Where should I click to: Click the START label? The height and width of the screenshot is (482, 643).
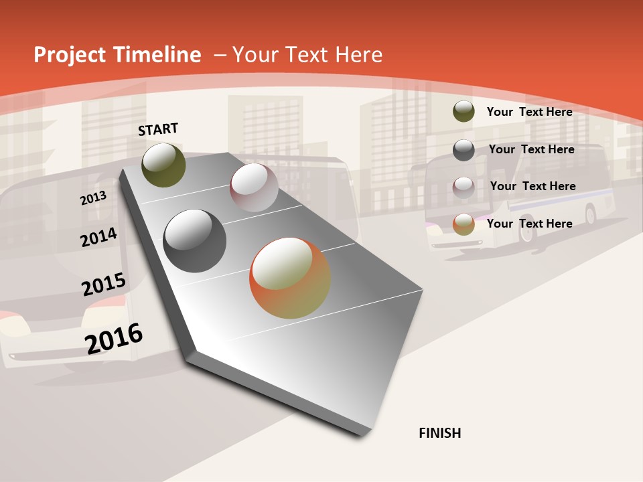pos(158,129)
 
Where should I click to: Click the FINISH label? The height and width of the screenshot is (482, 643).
pos(439,433)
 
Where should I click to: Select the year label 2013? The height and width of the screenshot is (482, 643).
pos(93,197)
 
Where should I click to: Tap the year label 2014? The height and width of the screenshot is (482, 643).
pos(98,238)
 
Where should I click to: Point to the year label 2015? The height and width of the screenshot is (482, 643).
pos(103,285)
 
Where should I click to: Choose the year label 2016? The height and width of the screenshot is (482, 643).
pos(114,339)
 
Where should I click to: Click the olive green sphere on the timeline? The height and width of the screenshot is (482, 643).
pos(163,165)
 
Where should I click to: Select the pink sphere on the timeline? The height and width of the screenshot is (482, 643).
pos(254,187)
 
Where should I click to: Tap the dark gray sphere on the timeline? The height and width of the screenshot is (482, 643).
pos(194,241)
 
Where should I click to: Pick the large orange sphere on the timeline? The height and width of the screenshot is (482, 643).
pos(290,278)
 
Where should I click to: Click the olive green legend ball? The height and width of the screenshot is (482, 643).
pos(463,111)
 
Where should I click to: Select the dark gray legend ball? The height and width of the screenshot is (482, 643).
pos(463,150)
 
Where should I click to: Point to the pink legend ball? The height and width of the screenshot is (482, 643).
pos(463,187)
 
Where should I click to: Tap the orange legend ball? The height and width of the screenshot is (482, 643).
pos(463,224)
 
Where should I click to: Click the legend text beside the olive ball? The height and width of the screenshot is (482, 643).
pos(529,112)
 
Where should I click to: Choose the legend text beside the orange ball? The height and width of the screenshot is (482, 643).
pos(529,224)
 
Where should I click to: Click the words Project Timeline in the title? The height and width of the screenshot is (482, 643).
pos(117,55)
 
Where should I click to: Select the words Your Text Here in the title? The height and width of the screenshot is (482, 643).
pos(307,55)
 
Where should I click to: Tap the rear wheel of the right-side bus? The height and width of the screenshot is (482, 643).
pos(590,214)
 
